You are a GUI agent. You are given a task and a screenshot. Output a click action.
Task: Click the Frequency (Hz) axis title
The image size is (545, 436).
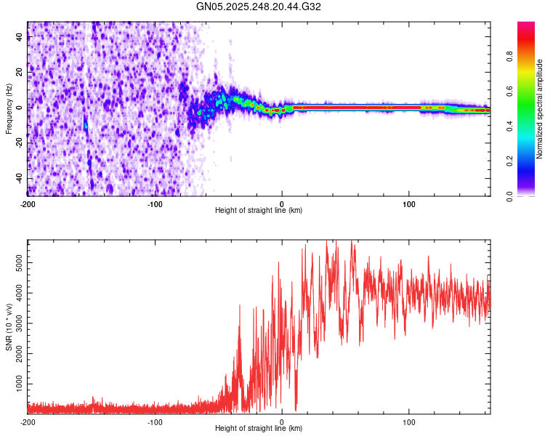click(8, 109)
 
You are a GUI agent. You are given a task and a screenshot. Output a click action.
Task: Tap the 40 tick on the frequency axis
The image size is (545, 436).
click(20, 37)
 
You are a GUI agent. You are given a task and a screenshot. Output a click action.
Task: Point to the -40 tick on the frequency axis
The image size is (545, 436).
click(18, 178)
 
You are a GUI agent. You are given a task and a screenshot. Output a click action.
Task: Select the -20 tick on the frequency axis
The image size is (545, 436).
click(18, 143)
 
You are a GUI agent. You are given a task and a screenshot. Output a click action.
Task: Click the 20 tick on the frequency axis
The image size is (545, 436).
click(20, 73)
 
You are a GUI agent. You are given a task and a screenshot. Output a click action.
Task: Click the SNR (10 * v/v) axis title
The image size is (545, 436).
click(9, 327)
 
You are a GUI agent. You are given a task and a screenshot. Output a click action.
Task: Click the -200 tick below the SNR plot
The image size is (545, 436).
click(28, 421)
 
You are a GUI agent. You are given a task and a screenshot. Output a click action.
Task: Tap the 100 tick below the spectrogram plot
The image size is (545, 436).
click(409, 203)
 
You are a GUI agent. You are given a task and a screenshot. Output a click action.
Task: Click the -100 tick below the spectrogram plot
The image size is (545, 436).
click(155, 203)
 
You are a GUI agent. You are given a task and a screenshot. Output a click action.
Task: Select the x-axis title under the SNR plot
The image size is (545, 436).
click(259, 429)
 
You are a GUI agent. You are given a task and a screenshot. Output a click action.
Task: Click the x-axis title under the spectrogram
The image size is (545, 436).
click(259, 211)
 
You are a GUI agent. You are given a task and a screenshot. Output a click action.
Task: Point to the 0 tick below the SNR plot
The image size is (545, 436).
click(282, 421)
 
